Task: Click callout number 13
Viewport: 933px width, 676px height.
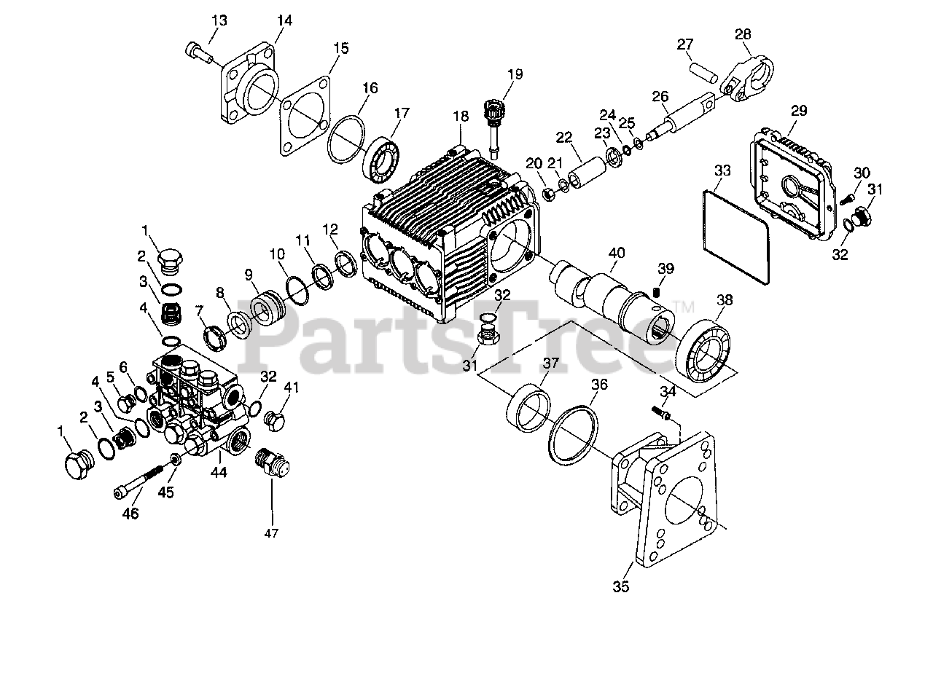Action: click(218, 18)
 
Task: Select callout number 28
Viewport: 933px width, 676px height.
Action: click(742, 34)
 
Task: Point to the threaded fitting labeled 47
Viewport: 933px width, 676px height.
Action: click(272, 461)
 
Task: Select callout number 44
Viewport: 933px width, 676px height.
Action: click(219, 473)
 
